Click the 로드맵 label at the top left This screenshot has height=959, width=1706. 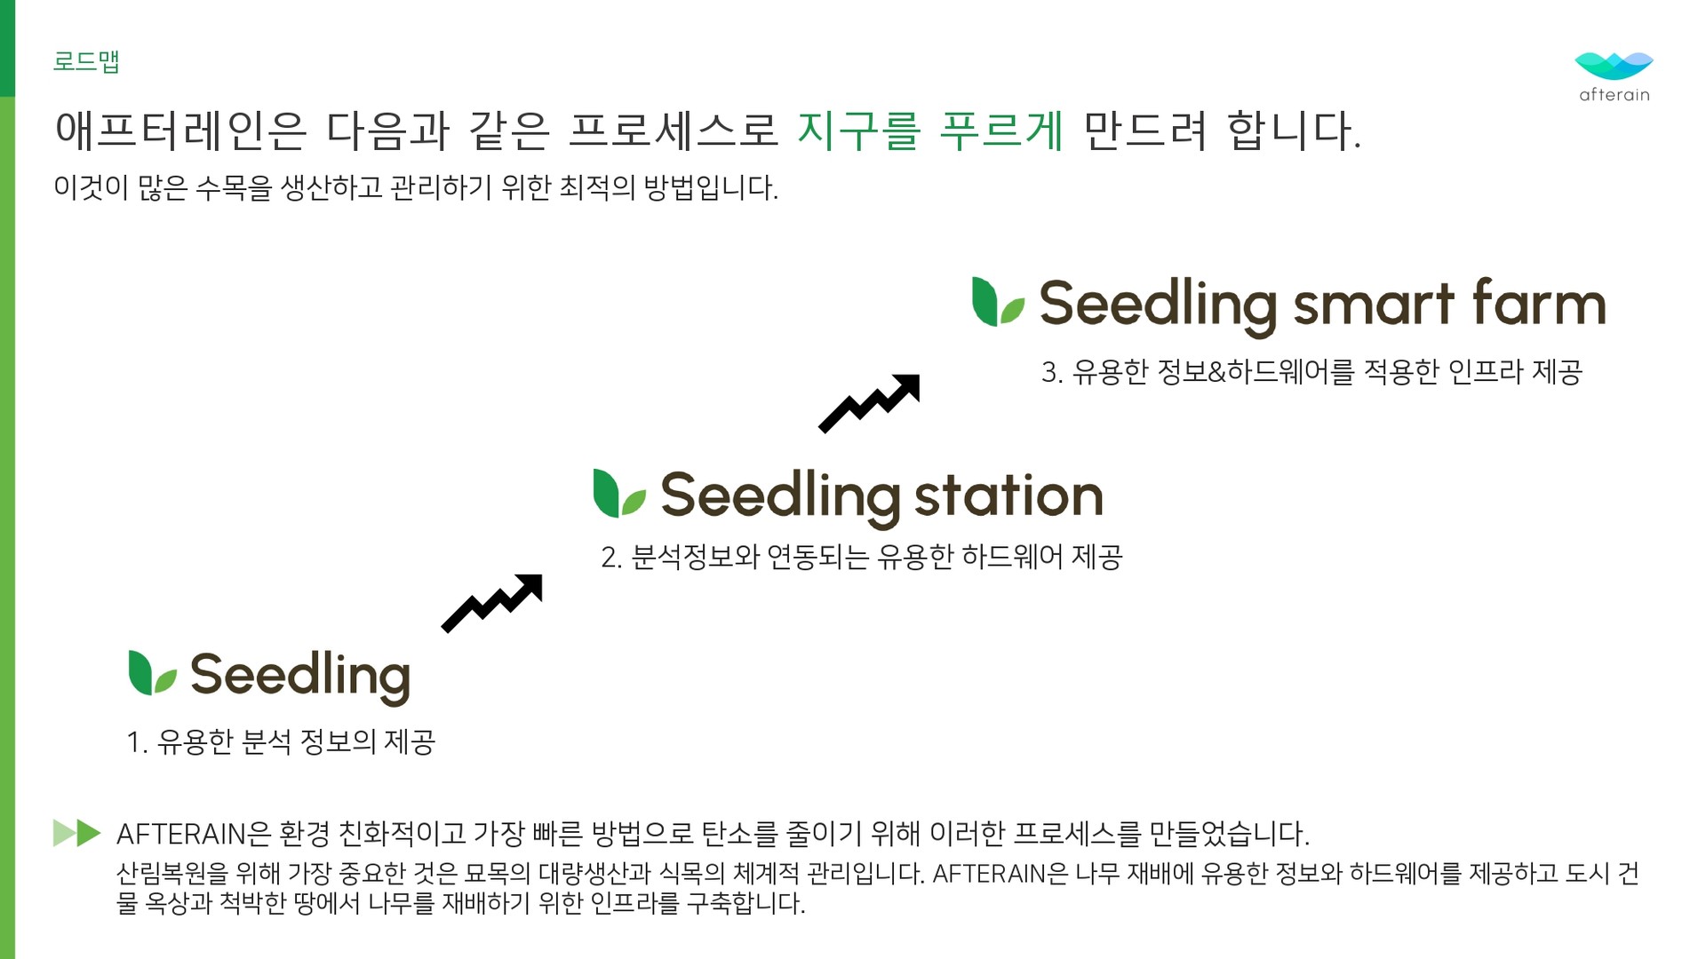(86, 61)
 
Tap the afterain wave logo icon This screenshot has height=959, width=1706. (1614, 66)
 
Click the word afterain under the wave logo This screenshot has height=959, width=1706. (1614, 95)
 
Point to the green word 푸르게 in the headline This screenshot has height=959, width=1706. (1001, 131)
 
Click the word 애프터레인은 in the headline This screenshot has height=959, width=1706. (180, 131)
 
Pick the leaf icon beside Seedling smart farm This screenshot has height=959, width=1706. (998, 302)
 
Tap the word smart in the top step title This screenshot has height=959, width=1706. (1374, 305)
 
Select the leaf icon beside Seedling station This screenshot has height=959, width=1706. (619, 494)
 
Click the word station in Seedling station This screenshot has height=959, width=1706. (1008, 495)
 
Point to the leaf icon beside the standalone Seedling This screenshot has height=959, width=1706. (153, 672)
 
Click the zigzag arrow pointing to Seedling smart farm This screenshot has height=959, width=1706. (869, 403)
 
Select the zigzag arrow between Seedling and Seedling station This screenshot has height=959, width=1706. (491, 603)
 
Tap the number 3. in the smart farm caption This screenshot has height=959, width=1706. (1052, 372)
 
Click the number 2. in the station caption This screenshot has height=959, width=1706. (611, 558)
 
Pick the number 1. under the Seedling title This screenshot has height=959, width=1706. (137, 742)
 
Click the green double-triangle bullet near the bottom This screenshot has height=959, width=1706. (77, 833)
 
